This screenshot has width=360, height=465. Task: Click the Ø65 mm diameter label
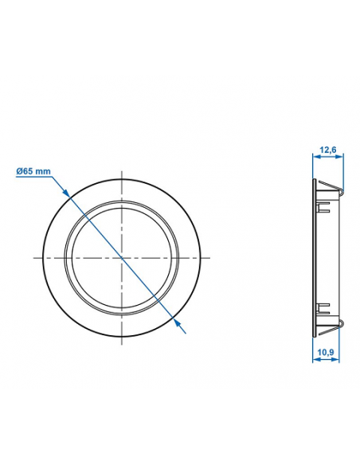pyautogui.click(x=33, y=170)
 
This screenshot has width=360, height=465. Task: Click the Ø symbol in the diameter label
pyautogui.click(x=19, y=170)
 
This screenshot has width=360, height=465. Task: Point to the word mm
pyautogui.click(x=44, y=170)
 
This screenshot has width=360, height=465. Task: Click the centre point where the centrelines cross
pyautogui.click(x=121, y=257)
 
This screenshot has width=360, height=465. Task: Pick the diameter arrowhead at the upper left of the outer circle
pyautogui.click(x=67, y=195)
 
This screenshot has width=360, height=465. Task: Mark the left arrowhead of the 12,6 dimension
pyautogui.click(x=314, y=158)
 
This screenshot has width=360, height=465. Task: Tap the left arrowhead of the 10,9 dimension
pyautogui.click(x=314, y=359)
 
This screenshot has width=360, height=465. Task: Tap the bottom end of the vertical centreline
pyautogui.click(x=121, y=344)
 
